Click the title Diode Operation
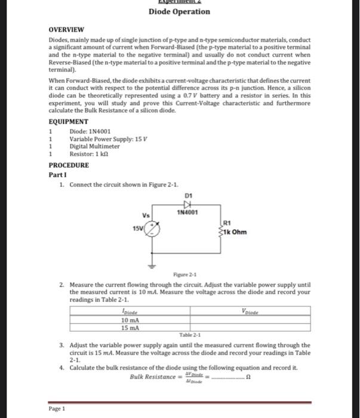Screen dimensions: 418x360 (179, 12)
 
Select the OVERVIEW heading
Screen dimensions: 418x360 (66, 29)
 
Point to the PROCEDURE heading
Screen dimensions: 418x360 (69, 165)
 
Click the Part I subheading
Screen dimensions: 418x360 (56, 174)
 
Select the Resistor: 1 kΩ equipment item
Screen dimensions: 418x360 (91, 153)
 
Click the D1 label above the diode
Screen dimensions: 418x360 (190, 195)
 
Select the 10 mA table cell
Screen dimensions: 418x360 (130, 319)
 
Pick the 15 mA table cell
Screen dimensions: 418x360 (130, 327)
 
